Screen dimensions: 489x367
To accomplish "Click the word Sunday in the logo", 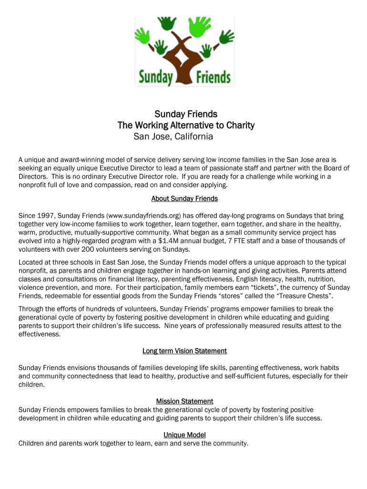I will click(155, 76).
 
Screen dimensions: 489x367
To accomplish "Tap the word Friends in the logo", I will click(213, 76).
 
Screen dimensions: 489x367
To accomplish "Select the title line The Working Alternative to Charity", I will click(186, 126).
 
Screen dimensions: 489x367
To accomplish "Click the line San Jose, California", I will click(173, 137).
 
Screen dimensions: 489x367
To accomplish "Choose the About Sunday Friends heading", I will click(184, 199).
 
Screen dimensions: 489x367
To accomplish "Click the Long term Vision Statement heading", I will click(184, 351).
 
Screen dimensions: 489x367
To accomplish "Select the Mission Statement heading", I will click(184, 401).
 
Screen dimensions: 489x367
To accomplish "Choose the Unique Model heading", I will click(184, 435).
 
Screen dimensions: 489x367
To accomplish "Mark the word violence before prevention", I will click(32, 287).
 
